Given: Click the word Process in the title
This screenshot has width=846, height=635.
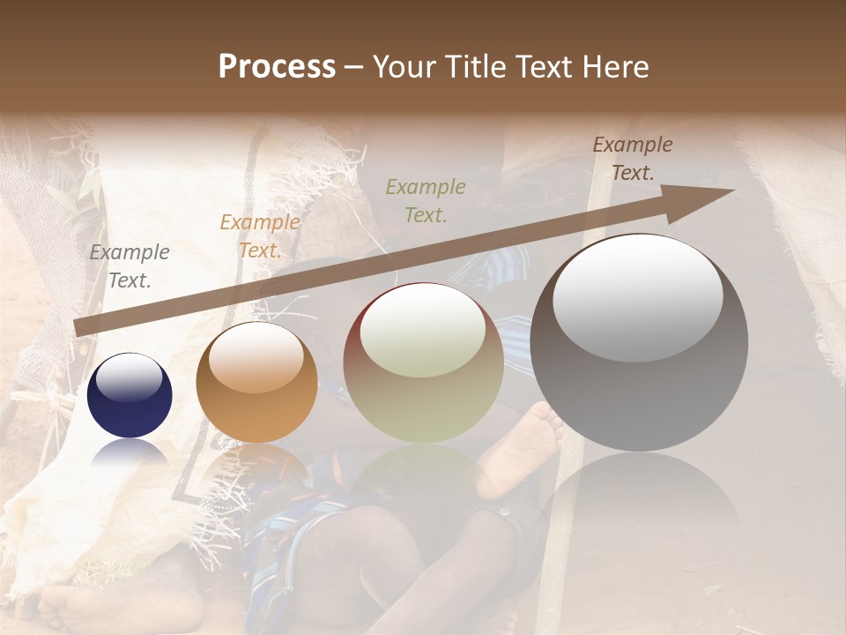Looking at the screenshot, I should click(x=277, y=66).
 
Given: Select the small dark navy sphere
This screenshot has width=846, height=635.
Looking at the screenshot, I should click(x=130, y=396).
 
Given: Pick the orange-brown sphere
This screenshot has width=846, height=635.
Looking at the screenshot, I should click(x=256, y=382).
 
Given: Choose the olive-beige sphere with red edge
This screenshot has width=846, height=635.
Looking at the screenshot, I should click(x=423, y=362).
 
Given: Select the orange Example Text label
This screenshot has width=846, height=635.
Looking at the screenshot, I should click(x=260, y=236).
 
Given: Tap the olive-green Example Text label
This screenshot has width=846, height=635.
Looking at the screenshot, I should click(x=426, y=200).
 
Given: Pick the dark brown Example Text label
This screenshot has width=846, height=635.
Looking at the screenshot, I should click(x=633, y=159).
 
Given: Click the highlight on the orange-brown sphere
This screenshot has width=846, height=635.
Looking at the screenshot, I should click(x=256, y=358).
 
